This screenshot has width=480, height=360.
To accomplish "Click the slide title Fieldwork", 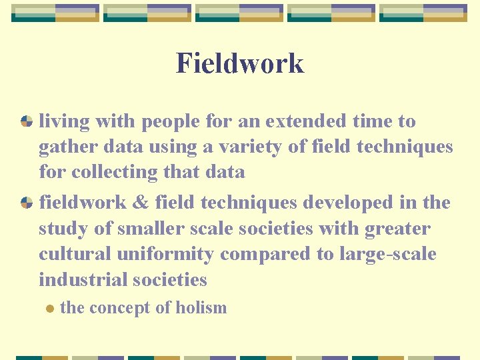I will coord(240,63).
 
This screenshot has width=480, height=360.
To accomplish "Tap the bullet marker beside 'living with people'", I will coord(27,121).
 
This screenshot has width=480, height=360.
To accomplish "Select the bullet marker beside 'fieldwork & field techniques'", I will coord(27,203).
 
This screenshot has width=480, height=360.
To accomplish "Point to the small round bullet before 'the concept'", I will coord(47,308).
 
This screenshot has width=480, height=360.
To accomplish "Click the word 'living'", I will coord(64,122).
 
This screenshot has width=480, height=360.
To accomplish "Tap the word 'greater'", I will coord(397,229).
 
